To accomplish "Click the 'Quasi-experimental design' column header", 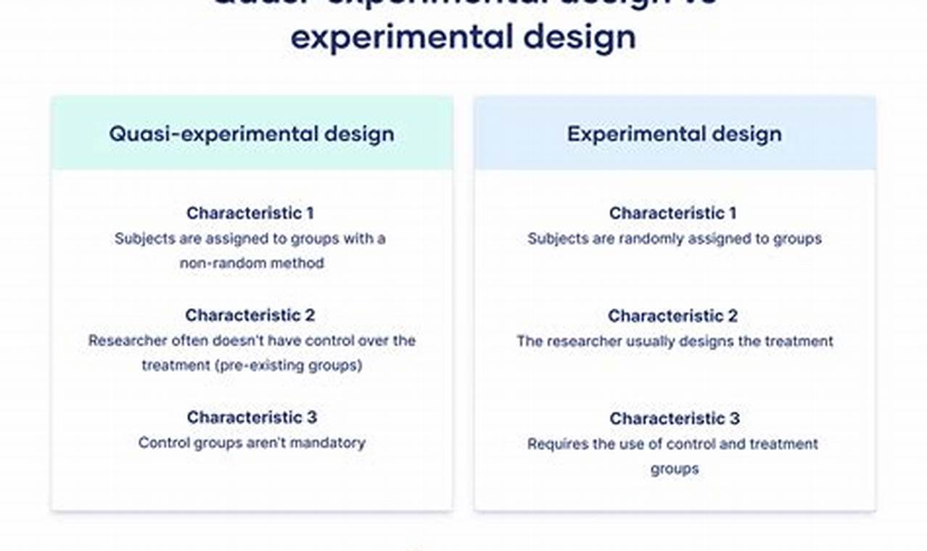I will pyautogui.click(x=252, y=134).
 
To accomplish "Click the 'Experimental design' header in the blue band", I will pyautogui.click(x=674, y=134).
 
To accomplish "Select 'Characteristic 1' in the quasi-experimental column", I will pyautogui.click(x=250, y=213).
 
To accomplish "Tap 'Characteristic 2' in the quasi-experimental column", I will pyautogui.click(x=250, y=315).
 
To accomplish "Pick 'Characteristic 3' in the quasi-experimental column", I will pyautogui.click(x=252, y=418).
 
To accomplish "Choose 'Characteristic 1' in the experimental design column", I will pyautogui.click(x=672, y=213).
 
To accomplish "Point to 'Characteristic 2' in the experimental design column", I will pyautogui.click(x=672, y=316).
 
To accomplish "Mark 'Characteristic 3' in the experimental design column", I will pyautogui.click(x=674, y=418).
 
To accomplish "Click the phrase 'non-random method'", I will pyautogui.click(x=252, y=263).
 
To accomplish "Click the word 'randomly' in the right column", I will pyautogui.click(x=648, y=239).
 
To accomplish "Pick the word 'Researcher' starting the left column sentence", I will pyautogui.click(x=127, y=340).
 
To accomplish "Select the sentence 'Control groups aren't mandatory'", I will pyautogui.click(x=252, y=442).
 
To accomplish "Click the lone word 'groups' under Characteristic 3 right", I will pyautogui.click(x=674, y=469).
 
